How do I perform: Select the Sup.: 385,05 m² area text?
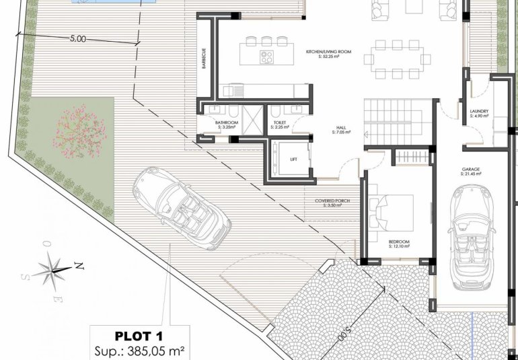coord(139,350)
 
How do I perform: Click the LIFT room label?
coord(293,159)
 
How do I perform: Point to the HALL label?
coord(342,128)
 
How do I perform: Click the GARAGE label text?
coord(470,170)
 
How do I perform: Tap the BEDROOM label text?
coord(399,242)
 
